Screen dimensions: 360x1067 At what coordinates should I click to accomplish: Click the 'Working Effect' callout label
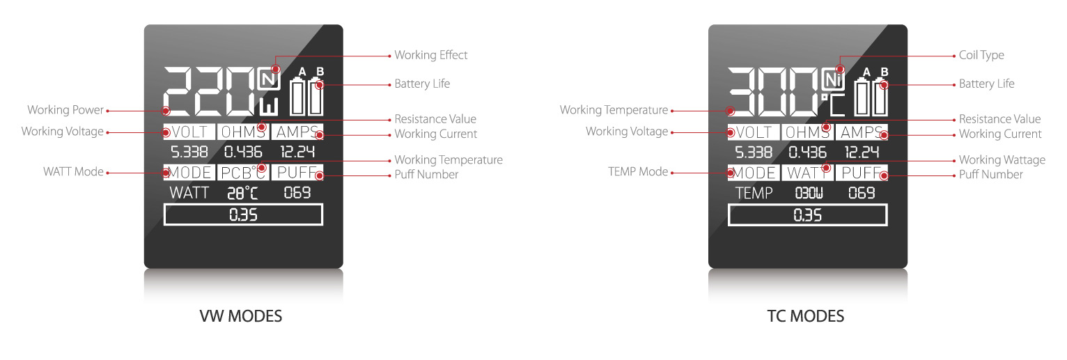pyautogui.click(x=430, y=55)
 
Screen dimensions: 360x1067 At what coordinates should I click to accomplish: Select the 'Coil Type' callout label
pyautogui.click(x=981, y=55)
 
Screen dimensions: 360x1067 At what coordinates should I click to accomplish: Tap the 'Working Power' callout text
pyautogui.click(x=65, y=110)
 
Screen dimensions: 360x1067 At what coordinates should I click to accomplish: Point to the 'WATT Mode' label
pyautogui.click(x=73, y=172)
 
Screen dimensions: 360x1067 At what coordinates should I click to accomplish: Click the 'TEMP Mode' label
pyautogui.click(x=637, y=172)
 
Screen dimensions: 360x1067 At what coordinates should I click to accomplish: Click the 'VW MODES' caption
pyautogui.click(x=241, y=316)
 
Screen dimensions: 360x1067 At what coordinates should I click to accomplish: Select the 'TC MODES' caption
pyautogui.click(x=805, y=316)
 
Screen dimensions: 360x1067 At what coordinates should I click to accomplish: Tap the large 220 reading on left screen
pyautogui.click(x=209, y=92)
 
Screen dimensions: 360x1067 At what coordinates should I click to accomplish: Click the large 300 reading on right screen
pyautogui.click(x=773, y=92)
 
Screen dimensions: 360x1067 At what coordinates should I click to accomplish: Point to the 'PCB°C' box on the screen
pyautogui.click(x=242, y=173)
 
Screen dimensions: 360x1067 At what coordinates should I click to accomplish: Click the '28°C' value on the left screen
pyautogui.click(x=243, y=194)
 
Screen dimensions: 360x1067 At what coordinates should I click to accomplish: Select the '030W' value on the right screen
pyautogui.click(x=808, y=194)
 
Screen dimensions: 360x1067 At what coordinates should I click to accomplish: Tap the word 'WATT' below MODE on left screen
pyautogui.click(x=189, y=194)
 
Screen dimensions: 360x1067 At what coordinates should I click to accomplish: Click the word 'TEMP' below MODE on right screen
pyautogui.click(x=754, y=194)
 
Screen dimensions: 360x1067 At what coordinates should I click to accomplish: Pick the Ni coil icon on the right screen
pyautogui.click(x=832, y=79)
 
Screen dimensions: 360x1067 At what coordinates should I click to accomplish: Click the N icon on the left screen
pyautogui.click(x=267, y=79)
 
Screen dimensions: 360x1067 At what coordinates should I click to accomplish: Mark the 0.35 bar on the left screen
pyautogui.click(x=243, y=215)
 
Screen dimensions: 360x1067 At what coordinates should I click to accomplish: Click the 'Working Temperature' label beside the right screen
pyautogui.click(x=614, y=110)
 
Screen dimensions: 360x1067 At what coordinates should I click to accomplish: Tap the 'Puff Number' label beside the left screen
pyautogui.click(x=426, y=175)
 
